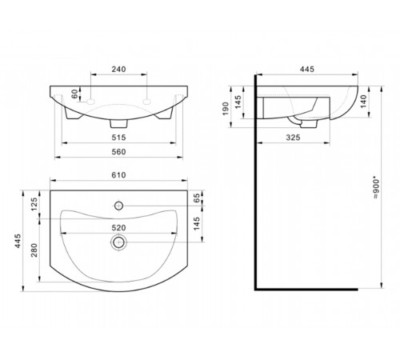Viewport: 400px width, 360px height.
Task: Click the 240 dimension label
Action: pyautogui.click(x=118, y=70)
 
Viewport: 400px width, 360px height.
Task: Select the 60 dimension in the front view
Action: pyautogui.click(x=74, y=94)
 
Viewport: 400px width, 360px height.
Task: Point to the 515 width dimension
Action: pyautogui.click(x=118, y=138)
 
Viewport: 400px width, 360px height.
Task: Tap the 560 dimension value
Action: pyautogui.click(x=118, y=152)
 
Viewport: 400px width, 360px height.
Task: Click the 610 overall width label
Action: pyautogui.click(x=118, y=175)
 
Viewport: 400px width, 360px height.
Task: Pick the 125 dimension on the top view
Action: pyautogui.click(x=34, y=204)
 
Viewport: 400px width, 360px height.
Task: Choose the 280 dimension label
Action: pyautogui.click(x=34, y=250)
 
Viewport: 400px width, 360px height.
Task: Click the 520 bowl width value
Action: pyautogui.click(x=118, y=228)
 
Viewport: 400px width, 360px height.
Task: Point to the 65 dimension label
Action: pyautogui.click(x=197, y=198)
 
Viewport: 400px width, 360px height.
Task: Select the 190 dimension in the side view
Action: pyautogui.click(x=226, y=109)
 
